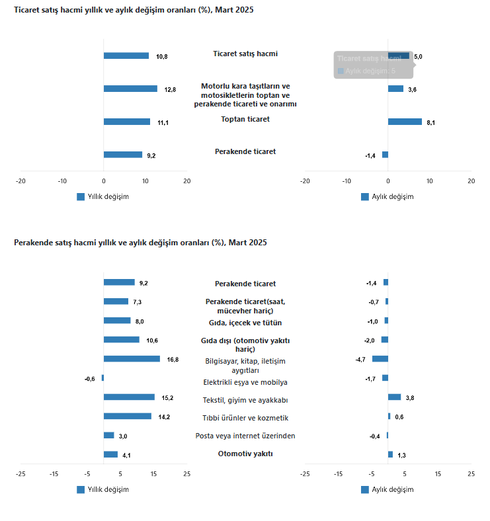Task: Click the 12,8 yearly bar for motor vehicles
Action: point(130,89)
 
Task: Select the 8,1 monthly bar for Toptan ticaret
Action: point(405,122)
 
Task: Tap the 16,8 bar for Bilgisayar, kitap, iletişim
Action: point(132,359)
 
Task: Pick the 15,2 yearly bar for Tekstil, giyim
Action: point(129,397)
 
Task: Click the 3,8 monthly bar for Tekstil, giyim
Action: point(394,397)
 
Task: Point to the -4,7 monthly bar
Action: point(380,359)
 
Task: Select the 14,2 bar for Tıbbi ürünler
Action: point(128,417)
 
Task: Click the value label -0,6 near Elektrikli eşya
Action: point(90,379)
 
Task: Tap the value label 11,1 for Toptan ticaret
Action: point(163,122)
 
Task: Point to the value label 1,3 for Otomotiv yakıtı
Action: point(401,455)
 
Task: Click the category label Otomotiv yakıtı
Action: point(245,454)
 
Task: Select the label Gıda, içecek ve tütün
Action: point(245,323)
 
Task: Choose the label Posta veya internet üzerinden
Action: point(245,436)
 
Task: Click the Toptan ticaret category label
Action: point(245,119)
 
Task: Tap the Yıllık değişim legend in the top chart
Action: point(103,197)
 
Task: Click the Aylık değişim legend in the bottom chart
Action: point(388,490)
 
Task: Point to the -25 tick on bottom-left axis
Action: point(20,473)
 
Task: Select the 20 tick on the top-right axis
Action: point(471,180)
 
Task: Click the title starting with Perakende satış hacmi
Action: point(140,243)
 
